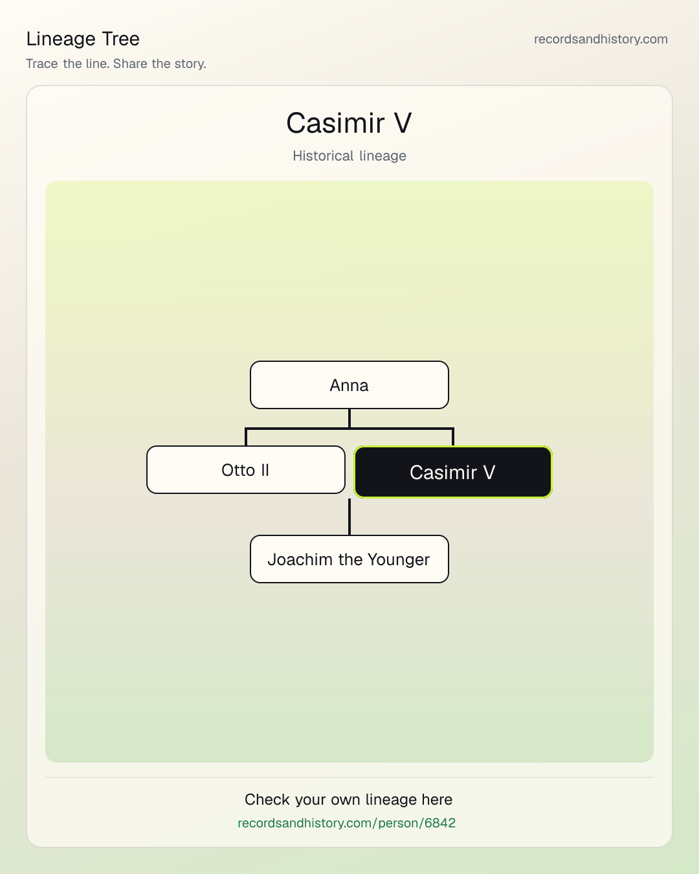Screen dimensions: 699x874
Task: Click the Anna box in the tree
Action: (349, 385)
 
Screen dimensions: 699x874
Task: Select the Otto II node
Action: (246, 470)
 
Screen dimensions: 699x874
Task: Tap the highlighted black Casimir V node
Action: (453, 472)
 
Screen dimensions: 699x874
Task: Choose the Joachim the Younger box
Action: (349, 559)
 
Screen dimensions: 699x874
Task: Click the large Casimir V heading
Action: (349, 122)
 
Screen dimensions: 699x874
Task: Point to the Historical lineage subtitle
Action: (349, 156)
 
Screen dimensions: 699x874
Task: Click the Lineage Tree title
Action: (83, 39)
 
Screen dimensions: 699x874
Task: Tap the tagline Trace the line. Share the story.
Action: (116, 63)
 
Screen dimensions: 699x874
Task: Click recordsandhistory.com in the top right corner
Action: (601, 39)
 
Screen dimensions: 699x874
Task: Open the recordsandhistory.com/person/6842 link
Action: (346, 823)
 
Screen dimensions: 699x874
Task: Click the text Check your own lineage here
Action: (348, 800)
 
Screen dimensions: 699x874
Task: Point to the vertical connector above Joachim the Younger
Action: (349, 517)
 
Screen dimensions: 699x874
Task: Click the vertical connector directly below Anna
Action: (349, 418)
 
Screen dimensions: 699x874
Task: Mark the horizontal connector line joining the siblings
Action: (349, 428)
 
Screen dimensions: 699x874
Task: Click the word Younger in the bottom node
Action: (399, 559)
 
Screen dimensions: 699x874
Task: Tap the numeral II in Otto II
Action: (265, 470)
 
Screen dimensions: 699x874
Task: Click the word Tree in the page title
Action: (120, 39)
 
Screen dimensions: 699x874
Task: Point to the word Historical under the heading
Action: (324, 156)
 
